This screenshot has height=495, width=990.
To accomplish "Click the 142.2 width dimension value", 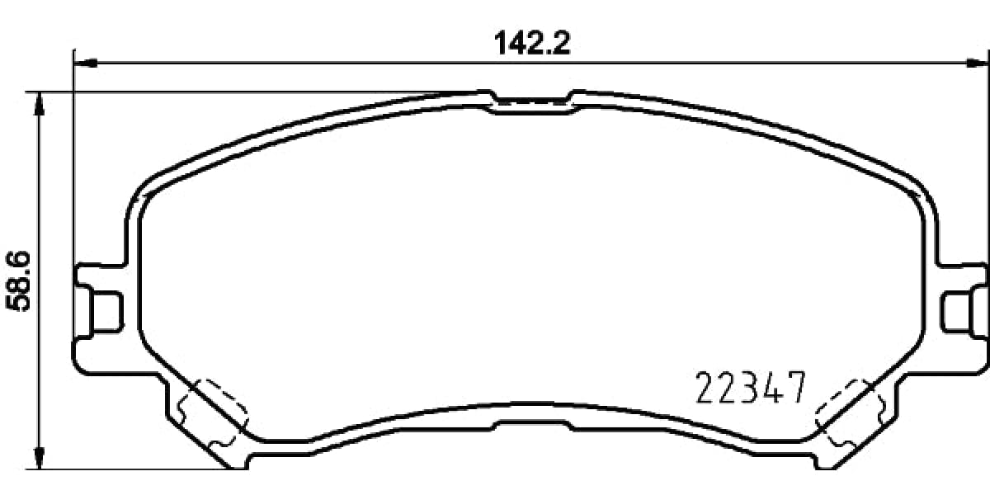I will click(532, 42).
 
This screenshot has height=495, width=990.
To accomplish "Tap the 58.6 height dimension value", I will click(18, 281).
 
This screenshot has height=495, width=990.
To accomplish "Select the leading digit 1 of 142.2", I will click(500, 42).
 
